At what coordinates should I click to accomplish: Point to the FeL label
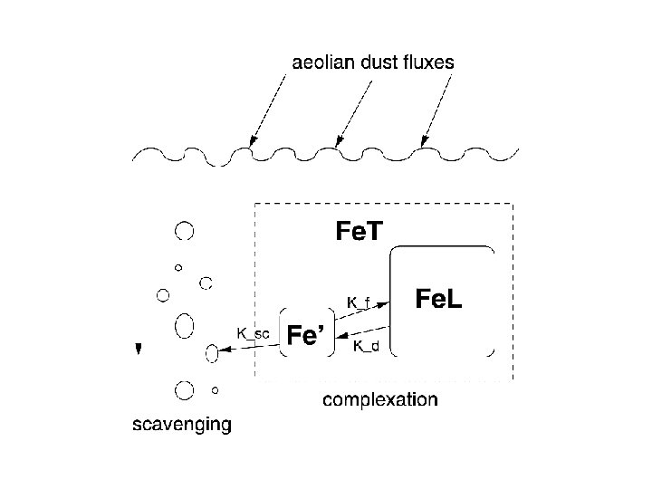coord(438,298)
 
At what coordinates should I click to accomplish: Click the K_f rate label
coord(359,301)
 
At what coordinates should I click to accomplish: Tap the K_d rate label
coord(366,345)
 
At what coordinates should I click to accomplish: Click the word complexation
coord(380,399)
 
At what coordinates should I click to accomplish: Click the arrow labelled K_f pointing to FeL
coord(363,310)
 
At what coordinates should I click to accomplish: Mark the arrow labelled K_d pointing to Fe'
coord(362,334)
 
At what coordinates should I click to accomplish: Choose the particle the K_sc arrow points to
coord(213,354)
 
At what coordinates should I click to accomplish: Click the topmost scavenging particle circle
coord(185,230)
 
